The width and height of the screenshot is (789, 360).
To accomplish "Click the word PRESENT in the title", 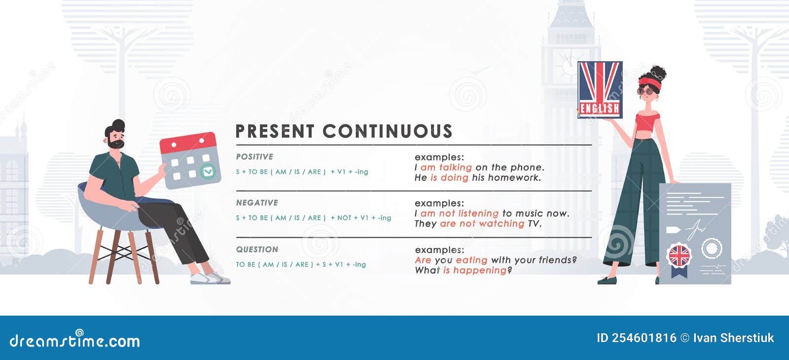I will [x=275, y=132].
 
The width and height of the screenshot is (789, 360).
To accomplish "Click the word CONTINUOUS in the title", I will [x=388, y=132].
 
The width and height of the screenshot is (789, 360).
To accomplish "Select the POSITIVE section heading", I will [x=254, y=157].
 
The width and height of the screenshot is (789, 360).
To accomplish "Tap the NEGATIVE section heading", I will [x=257, y=203].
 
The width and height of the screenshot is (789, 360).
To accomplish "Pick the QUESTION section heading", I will [x=257, y=250].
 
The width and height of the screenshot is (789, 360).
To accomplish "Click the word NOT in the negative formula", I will [x=344, y=218].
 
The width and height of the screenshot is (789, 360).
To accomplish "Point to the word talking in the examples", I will [x=455, y=168].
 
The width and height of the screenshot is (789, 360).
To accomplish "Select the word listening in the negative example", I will [x=478, y=214].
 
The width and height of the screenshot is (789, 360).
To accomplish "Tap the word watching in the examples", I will [x=502, y=224].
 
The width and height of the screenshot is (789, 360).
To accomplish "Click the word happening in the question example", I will [x=479, y=270].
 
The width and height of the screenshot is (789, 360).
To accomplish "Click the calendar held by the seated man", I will [x=190, y=160].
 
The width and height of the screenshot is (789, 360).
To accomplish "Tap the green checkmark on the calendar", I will [x=208, y=172].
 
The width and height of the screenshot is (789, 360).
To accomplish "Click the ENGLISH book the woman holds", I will [x=600, y=90].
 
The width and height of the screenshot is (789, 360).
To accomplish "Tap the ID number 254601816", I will [x=644, y=338].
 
